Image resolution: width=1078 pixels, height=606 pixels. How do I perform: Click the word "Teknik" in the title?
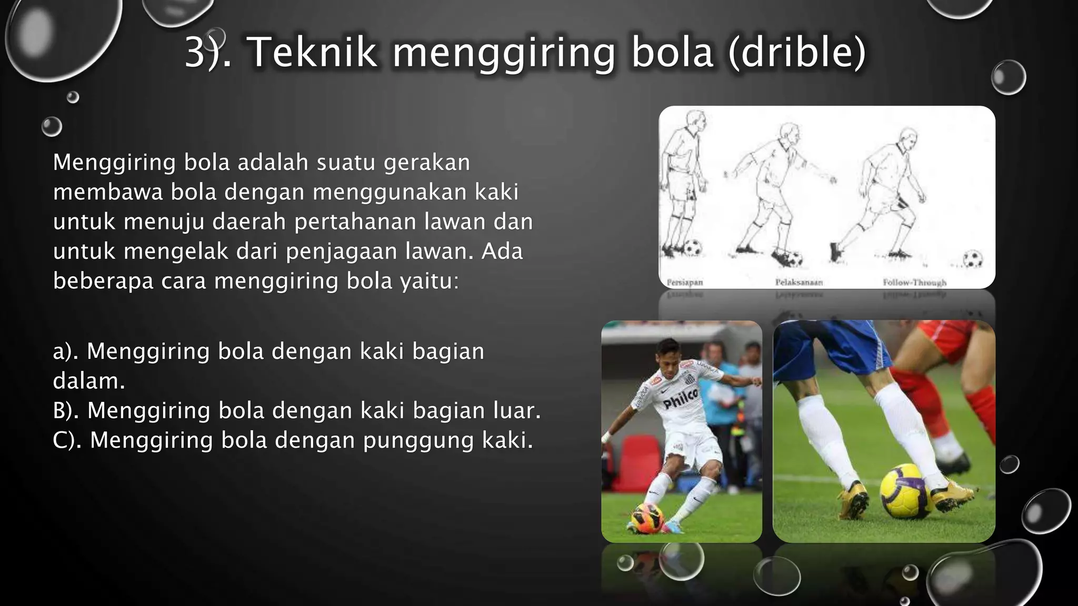click(312, 53)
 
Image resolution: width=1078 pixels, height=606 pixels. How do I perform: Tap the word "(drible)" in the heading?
click(797, 53)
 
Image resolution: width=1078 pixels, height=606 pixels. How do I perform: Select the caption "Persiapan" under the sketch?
click(684, 282)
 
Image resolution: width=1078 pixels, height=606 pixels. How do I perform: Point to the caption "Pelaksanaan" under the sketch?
click(798, 282)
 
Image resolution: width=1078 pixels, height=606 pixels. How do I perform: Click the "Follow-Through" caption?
click(914, 282)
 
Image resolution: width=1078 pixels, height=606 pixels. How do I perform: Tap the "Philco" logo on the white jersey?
click(680, 399)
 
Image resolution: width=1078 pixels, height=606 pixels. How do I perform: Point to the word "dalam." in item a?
click(89, 381)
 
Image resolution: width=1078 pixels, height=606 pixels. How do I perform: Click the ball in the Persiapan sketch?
click(693, 247)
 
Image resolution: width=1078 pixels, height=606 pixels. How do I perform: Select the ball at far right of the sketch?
click(972, 259)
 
